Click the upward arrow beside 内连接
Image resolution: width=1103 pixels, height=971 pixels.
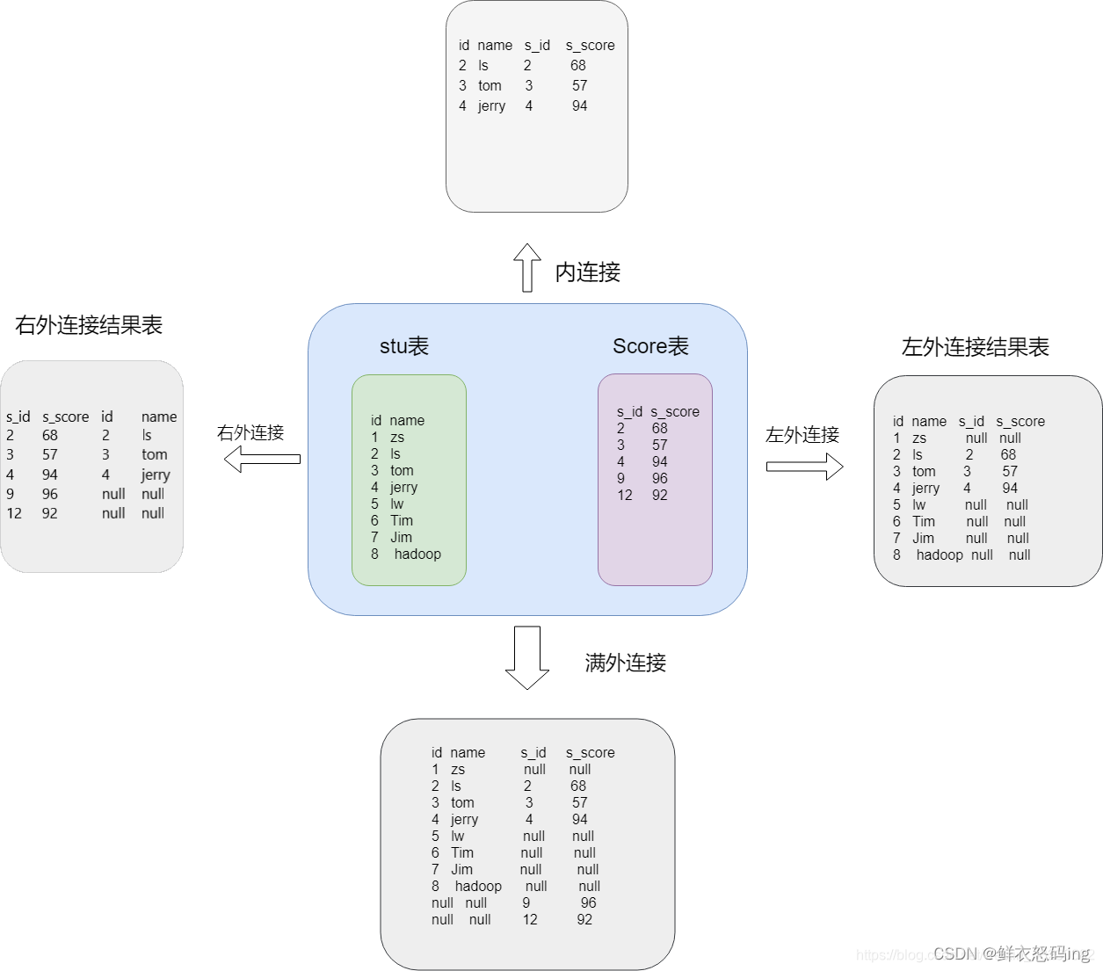tap(527, 267)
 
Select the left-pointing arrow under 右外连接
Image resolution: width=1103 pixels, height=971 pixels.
tap(261, 459)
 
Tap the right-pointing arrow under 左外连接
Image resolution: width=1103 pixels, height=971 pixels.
tap(804, 466)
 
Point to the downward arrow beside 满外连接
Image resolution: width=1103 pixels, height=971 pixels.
tap(527, 657)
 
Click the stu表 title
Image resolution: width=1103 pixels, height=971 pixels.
tap(404, 346)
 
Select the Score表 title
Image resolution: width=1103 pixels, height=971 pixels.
tap(650, 346)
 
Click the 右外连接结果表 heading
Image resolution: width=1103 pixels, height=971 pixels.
tap(89, 325)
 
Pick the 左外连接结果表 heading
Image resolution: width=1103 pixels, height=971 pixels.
tap(976, 347)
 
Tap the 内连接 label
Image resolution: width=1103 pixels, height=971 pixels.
tap(588, 272)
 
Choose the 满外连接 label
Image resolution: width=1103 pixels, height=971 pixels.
tap(626, 663)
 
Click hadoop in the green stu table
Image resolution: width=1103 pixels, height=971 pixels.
tap(417, 554)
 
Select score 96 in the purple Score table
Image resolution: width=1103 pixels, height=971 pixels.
tap(660, 478)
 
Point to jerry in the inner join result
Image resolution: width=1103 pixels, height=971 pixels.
tap(491, 105)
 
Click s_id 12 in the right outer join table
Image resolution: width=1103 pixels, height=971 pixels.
tap(14, 513)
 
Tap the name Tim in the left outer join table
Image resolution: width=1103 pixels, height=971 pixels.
tap(923, 521)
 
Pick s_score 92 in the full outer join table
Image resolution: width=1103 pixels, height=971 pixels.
tap(584, 919)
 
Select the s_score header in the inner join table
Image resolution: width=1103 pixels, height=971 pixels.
tap(590, 45)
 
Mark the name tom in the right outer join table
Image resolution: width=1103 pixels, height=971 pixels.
tap(155, 454)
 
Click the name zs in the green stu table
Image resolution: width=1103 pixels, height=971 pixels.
tap(397, 437)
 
